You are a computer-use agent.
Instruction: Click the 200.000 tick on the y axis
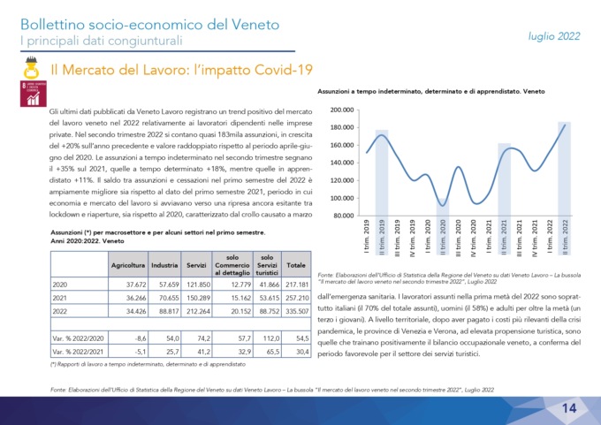pos(341,110)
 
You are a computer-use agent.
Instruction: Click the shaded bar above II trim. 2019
pos(382,172)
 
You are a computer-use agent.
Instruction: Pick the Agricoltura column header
pos(128,265)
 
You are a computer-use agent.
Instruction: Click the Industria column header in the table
pos(165,265)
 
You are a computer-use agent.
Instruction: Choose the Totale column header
pos(296,265)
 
